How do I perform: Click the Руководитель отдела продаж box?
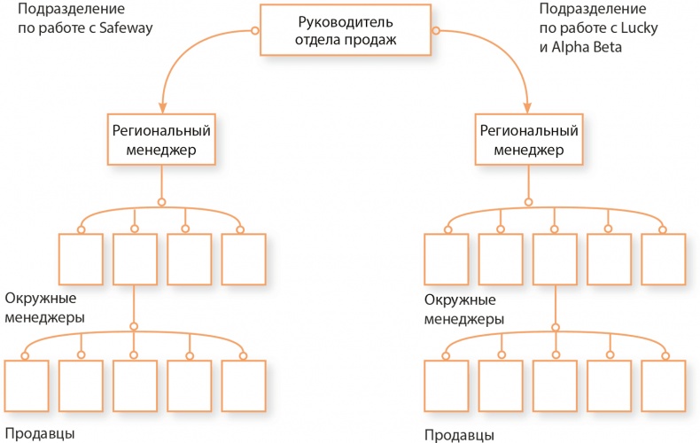[345, 29]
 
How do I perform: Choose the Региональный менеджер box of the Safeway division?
[161, 140]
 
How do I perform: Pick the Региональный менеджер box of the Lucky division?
[529, 140]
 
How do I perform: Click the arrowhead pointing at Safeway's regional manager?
[162, 105]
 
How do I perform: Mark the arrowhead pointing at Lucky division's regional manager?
[528, 105]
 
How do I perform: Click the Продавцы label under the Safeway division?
[39, 433]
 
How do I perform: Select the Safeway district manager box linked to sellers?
[135, 259]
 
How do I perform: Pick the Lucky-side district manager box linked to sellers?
[556, 259]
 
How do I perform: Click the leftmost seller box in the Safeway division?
[26, 386]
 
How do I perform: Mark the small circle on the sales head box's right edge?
[434, 30]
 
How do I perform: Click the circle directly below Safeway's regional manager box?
[161, 199]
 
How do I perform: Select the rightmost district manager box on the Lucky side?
[664, 259]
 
